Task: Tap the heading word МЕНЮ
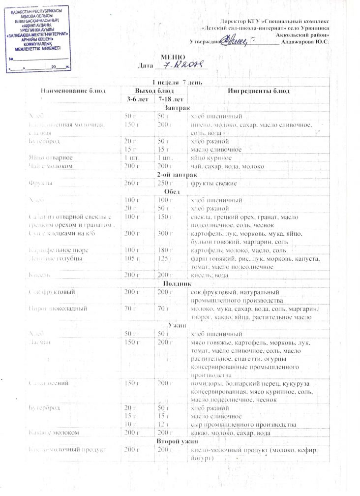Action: click(x=173, y=58)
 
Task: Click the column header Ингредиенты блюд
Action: click(x=258, y=91)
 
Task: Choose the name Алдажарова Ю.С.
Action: click(x=305, y=42)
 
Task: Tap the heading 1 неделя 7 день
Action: click(x=176, y=81)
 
